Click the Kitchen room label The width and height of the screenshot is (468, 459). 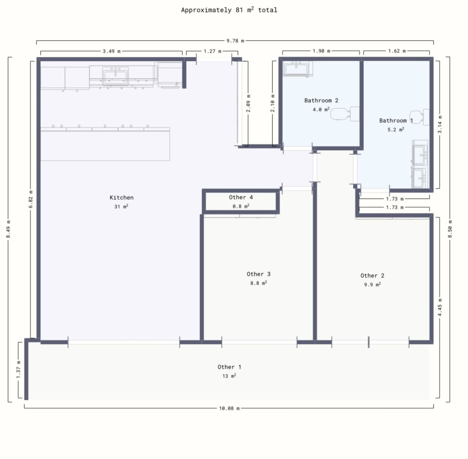pos(121,197)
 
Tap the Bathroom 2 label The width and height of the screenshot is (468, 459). pos(321,100)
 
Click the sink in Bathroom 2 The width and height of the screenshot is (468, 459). pos(296,69)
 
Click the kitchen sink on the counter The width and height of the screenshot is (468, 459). pos(115,75)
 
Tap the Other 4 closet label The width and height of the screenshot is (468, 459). pos(241,197)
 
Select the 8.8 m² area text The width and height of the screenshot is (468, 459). pos(258,283)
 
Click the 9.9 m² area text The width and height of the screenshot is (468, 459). pos(372,285)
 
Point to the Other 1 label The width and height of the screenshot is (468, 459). pos(229,367)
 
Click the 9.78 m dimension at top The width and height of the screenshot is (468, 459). pos(235,41)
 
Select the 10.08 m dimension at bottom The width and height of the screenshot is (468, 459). pos(229,408)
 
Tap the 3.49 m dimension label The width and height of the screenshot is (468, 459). pos(112,51)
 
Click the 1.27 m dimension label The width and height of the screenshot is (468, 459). pos(212,51)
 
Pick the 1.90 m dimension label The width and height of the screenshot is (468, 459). pos(321,51)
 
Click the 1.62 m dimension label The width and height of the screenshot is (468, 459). pos(397,51)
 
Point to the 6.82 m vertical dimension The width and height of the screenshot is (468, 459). pos(31,199)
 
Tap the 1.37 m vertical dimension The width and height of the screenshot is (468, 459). pos(18,369)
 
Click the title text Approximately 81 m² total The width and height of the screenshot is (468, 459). pos(229,10)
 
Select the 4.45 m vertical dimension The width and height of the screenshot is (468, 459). pos(440,307)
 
